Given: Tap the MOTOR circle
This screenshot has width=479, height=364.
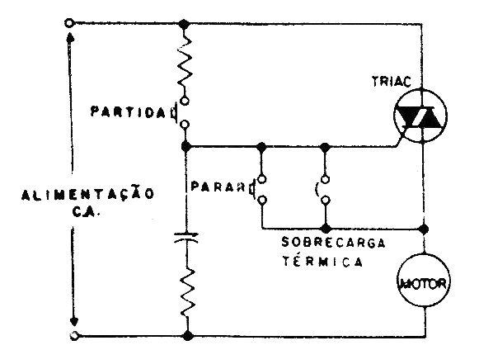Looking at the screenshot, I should click(x=422, y=285).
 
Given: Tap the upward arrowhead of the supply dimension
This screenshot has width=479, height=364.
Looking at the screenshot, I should click(x=76, y=39).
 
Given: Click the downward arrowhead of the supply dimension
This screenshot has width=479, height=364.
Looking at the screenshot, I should click(x=76, y=320).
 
